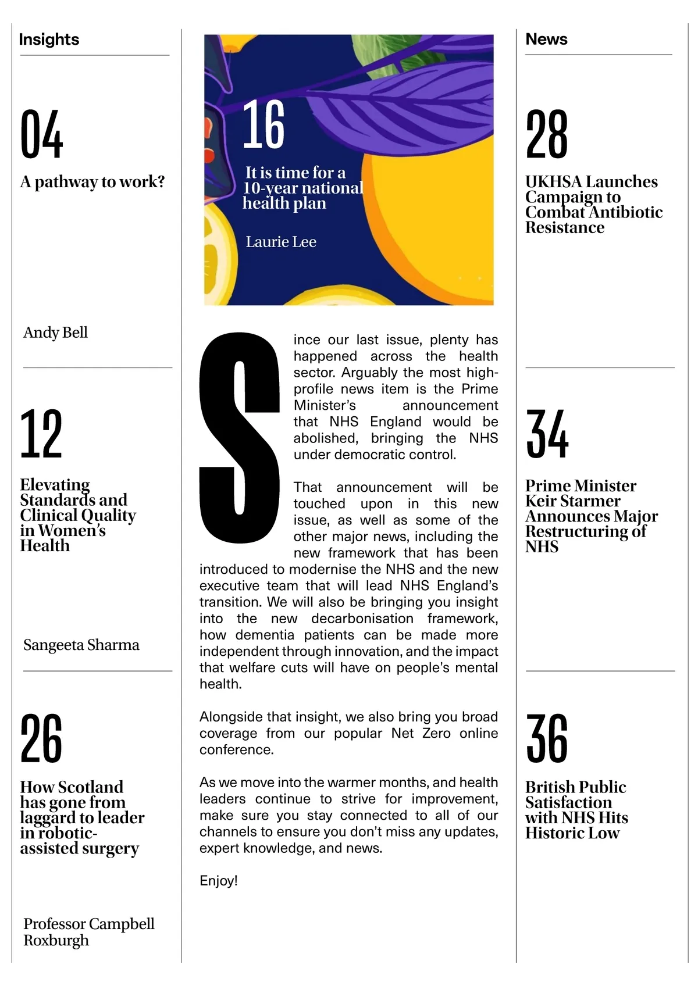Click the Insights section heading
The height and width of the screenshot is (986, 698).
pos(49,40)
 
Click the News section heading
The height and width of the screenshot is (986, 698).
pos(546,39)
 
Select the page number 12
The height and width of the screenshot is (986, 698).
pos(41,434)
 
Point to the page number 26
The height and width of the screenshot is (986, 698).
pos(41,738)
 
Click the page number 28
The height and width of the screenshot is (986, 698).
pos(547,134)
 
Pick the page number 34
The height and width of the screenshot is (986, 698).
pos(547,434)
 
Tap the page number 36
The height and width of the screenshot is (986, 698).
pos(547,738)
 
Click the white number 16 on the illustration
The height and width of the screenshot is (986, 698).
pos(263,124)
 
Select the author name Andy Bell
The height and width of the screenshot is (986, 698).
pos(56,333)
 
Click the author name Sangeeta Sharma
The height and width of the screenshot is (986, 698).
pos(81,645)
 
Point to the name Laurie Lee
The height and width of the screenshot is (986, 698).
pos(281,242)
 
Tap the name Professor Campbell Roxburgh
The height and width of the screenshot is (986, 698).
pos(88,932)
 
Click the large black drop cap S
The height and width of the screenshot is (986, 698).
pos(240,437)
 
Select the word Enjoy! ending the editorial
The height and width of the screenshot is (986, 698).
pos(219,881)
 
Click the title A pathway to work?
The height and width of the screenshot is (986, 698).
pos(92,182)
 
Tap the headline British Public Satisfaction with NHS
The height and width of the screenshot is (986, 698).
pos(576,810)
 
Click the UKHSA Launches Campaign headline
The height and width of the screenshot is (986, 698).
pos(593,205)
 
